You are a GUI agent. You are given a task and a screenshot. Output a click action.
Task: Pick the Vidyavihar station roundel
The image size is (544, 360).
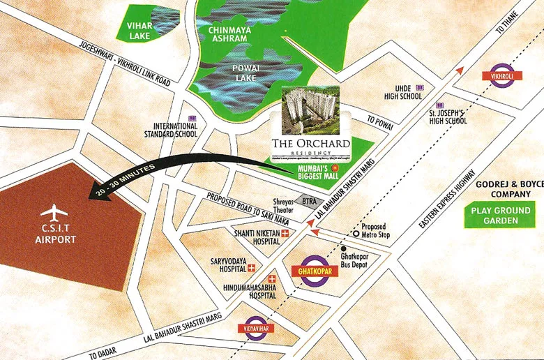(x=257, y=328)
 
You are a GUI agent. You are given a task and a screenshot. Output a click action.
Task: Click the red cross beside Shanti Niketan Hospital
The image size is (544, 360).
(x=285, y=234)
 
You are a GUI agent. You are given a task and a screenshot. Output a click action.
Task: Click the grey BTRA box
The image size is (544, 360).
(x=305, y=201)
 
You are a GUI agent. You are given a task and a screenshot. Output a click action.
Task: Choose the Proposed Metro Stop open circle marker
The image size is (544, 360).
(x=356, y=234)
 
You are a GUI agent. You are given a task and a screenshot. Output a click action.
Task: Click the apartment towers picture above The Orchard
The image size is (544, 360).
(x=310, y=111)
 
